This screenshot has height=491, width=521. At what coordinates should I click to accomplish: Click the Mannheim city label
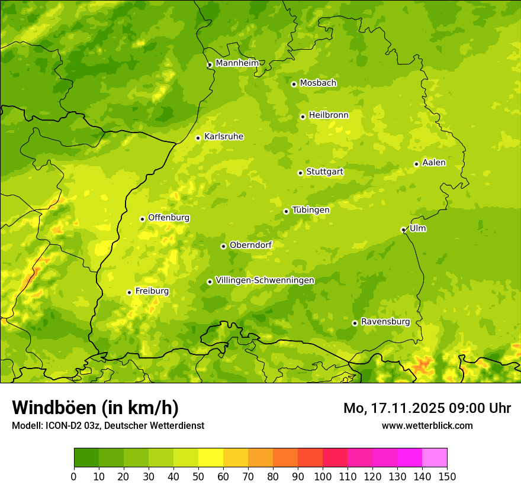(237, 63)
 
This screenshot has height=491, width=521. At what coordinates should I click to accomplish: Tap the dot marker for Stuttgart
(300, 173)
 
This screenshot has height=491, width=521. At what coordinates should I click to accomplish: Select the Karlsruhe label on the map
(223, 137)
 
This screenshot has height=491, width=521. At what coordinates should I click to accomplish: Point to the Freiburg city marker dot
(129, 292)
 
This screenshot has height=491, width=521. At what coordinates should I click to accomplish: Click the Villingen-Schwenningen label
(265, 280)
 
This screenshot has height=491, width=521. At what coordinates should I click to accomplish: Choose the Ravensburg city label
(385, 322)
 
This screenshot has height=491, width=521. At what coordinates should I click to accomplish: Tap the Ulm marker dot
(403, 230)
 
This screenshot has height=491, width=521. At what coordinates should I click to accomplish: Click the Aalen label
(433, 163)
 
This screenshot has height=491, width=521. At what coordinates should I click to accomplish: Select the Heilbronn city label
(329, 115)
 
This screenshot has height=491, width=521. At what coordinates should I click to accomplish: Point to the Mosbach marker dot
(294, 84)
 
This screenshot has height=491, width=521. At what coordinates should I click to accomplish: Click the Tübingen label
(310, 210)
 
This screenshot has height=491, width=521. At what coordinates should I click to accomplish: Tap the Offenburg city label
(169, 218)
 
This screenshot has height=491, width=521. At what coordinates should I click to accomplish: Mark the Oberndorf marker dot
(223, 246)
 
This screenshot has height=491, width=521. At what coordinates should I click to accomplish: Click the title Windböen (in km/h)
(95, 408)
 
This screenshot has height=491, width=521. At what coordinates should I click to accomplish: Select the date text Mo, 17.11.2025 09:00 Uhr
(427, 408)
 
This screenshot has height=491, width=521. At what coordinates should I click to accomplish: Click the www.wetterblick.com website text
(427, 425)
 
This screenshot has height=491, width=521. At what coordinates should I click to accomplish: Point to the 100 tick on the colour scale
(323, 476)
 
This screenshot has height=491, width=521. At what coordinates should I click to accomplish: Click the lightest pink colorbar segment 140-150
(435, 457)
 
